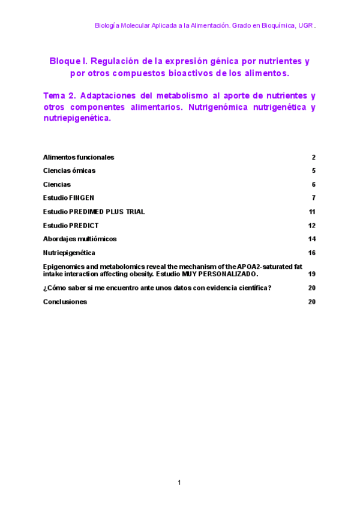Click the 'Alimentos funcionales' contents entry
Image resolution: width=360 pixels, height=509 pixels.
coord(79,157)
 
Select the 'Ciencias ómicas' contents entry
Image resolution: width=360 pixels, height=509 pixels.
coord(69,171)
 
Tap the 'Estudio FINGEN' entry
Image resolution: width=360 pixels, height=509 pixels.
coord(68,197)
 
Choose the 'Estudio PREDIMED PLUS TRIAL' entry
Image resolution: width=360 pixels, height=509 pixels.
coord(94,212)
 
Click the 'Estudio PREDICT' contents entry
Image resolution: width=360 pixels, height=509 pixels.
coord(71,226)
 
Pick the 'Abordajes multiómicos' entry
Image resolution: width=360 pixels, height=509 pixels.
coord(80,239)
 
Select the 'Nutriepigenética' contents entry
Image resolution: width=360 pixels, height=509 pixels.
coord(69,253)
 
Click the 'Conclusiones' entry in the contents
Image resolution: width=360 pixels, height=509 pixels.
coord(65,302)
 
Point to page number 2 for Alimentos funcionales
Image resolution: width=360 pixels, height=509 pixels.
coord(313,157)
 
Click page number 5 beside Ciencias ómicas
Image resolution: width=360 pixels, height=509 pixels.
coord(313,171)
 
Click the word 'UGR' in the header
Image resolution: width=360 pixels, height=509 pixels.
coord(305,26)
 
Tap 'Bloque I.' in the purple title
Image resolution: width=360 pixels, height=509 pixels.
coord(68,61)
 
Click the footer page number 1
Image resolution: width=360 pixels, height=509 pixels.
coord(179,483)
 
